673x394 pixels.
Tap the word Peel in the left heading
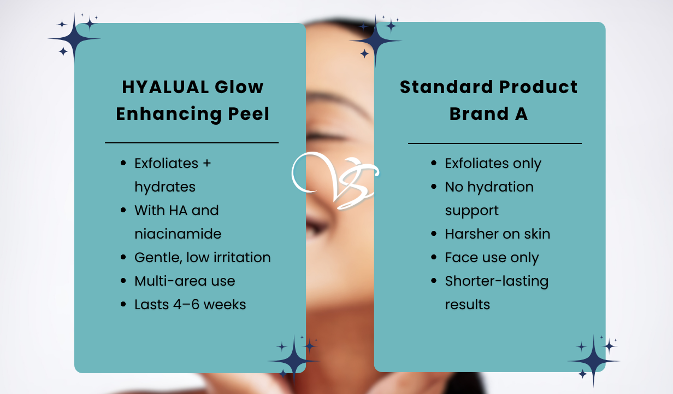click(249, 114)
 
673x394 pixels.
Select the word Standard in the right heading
click(442, 87)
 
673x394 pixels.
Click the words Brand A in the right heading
click(488, 114)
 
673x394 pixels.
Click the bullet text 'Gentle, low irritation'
click(202, 257)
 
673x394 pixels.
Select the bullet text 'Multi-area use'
click(185, 281)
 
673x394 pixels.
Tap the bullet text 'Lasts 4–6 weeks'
click(190, 304)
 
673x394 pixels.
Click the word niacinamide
click(178, 234)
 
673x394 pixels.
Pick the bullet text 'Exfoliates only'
click(493, 163)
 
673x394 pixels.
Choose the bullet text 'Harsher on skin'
click(497, 234)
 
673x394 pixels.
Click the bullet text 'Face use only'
click(492, 257)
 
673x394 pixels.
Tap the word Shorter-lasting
click(497, 281)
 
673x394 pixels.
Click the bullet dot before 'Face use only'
click(434, 257)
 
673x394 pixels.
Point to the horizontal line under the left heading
click(192, 143)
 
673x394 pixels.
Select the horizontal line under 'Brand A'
click(495, 143)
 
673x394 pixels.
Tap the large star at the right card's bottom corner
click(593, 361)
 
